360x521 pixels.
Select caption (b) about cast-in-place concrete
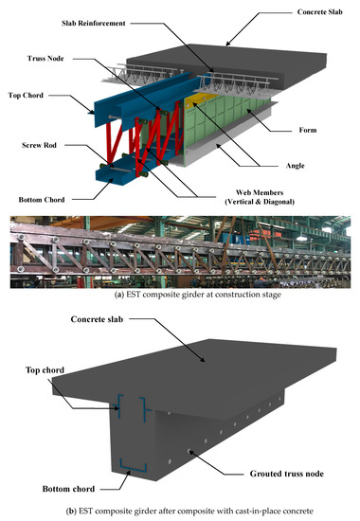(x=179, y=512)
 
